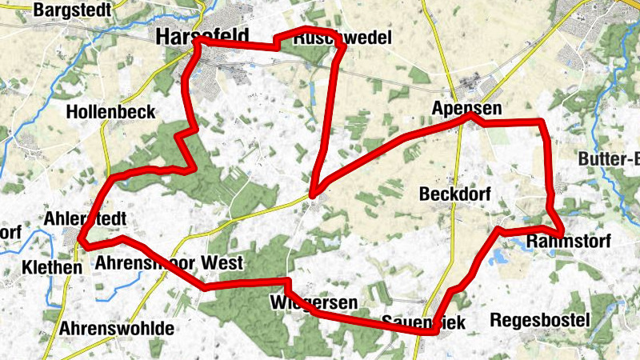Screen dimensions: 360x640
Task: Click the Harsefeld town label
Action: point(202,36)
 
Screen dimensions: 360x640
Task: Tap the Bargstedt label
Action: point(71,10)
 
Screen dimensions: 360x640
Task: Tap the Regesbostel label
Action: point(539,320)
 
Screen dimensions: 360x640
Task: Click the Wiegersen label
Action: point(313,302)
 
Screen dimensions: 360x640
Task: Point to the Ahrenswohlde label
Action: point(117,328)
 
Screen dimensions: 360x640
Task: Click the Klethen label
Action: point(52,267)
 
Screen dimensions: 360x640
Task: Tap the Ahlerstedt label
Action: point(86,218)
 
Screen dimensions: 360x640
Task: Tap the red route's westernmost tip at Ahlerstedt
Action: point(80,237)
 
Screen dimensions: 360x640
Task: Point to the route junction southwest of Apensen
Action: point(313,194)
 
